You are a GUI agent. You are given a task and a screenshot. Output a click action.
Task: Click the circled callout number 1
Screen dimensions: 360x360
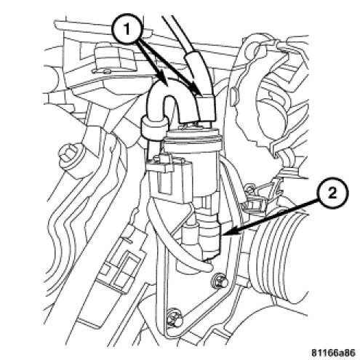[x=127, y=30]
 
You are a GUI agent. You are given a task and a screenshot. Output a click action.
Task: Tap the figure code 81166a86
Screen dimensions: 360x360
[x=333, y=353]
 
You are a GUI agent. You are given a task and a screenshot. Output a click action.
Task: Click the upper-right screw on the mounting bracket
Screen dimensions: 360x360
[x=220, y=281]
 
